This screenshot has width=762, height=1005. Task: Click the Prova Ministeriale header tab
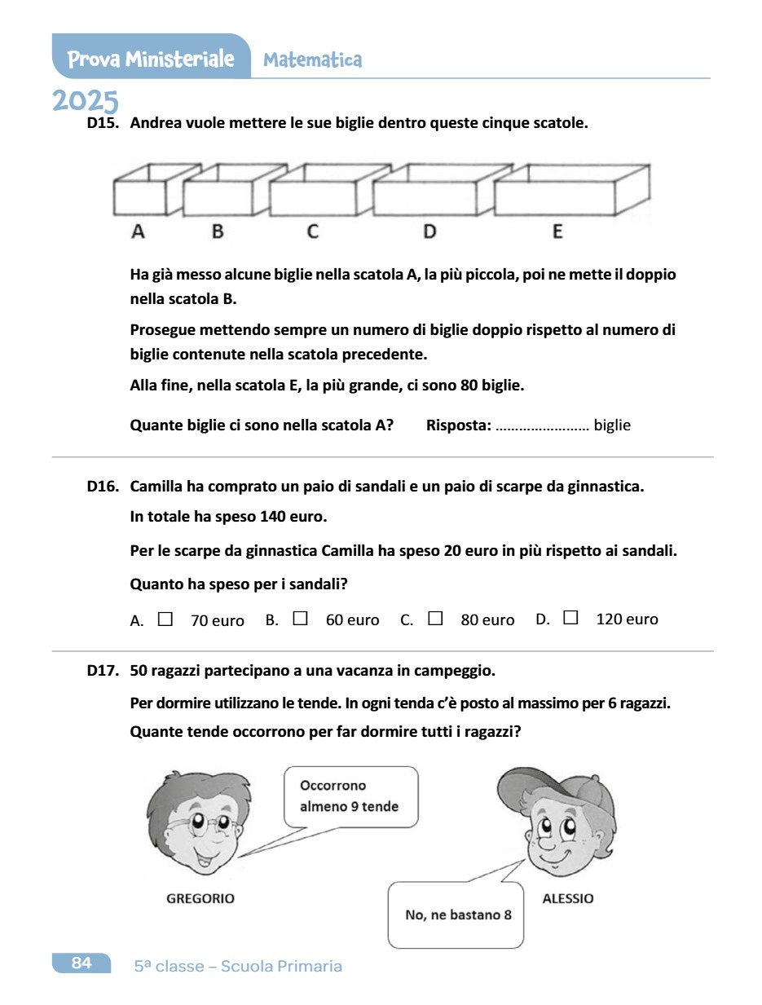tap(151, 59)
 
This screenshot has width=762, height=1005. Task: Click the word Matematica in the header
tap(313, 60)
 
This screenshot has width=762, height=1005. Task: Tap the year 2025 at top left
tap(86, 101)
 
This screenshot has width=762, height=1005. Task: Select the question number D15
tap(103, 124)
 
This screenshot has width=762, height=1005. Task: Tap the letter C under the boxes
tap(313, 232)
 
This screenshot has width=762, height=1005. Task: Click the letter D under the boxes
tap(429, 232)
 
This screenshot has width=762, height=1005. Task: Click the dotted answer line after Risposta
tap(542, 425)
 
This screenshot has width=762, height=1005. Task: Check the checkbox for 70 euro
tap(165, 619)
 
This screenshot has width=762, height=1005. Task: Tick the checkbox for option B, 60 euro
tap(300, 619)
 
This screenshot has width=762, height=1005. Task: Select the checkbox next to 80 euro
tap(435, 619)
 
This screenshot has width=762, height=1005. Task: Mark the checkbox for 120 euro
tap(570, 619)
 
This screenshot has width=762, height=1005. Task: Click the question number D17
tap(103, 672)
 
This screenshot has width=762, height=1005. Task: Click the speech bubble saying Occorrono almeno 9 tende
tap(350, 796)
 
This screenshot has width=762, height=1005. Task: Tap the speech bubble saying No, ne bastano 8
tap(457, 915)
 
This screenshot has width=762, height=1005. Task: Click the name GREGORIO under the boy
tap(200, 898)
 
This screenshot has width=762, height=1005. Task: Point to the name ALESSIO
tap(568, 898)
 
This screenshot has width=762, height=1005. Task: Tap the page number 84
tap(81, 963)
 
